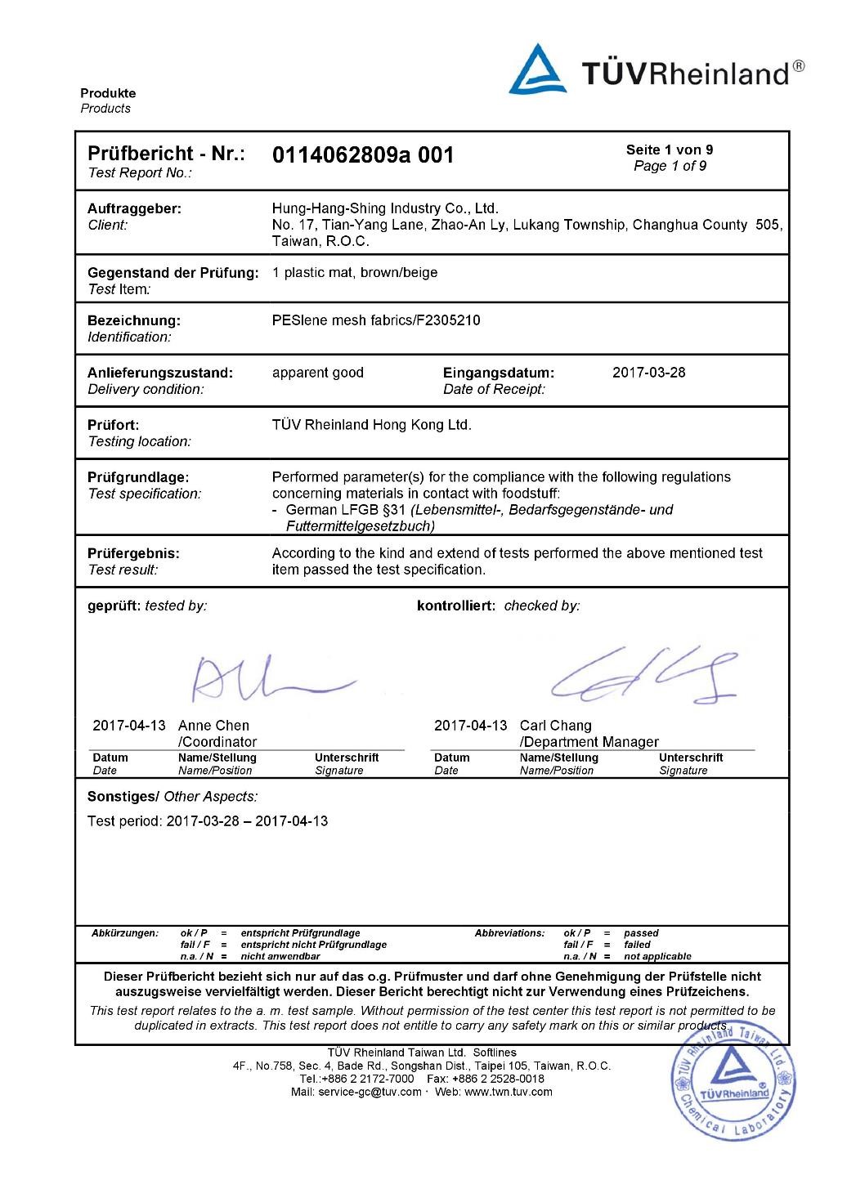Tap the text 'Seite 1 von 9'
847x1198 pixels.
point(669,150)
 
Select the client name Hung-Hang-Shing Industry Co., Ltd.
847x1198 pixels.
point(384,208)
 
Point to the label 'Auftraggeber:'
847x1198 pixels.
point(134,208)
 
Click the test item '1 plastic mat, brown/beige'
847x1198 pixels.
point(354,273)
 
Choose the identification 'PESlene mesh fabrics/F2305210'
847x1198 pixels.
point(375,320)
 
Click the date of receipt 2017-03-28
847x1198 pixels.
point(648,373)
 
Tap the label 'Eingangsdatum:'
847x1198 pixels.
point(498,373)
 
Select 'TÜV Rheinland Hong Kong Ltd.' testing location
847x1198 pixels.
point(371,425)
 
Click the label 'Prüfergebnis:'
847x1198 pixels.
point(133,553)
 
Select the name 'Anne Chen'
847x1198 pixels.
point(213,726)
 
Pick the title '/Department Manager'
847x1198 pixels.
point(589,742)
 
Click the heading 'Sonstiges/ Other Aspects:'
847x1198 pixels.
point(172,797)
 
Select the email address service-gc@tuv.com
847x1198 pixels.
point(370,1092)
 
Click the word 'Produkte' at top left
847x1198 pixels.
point(108,93)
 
